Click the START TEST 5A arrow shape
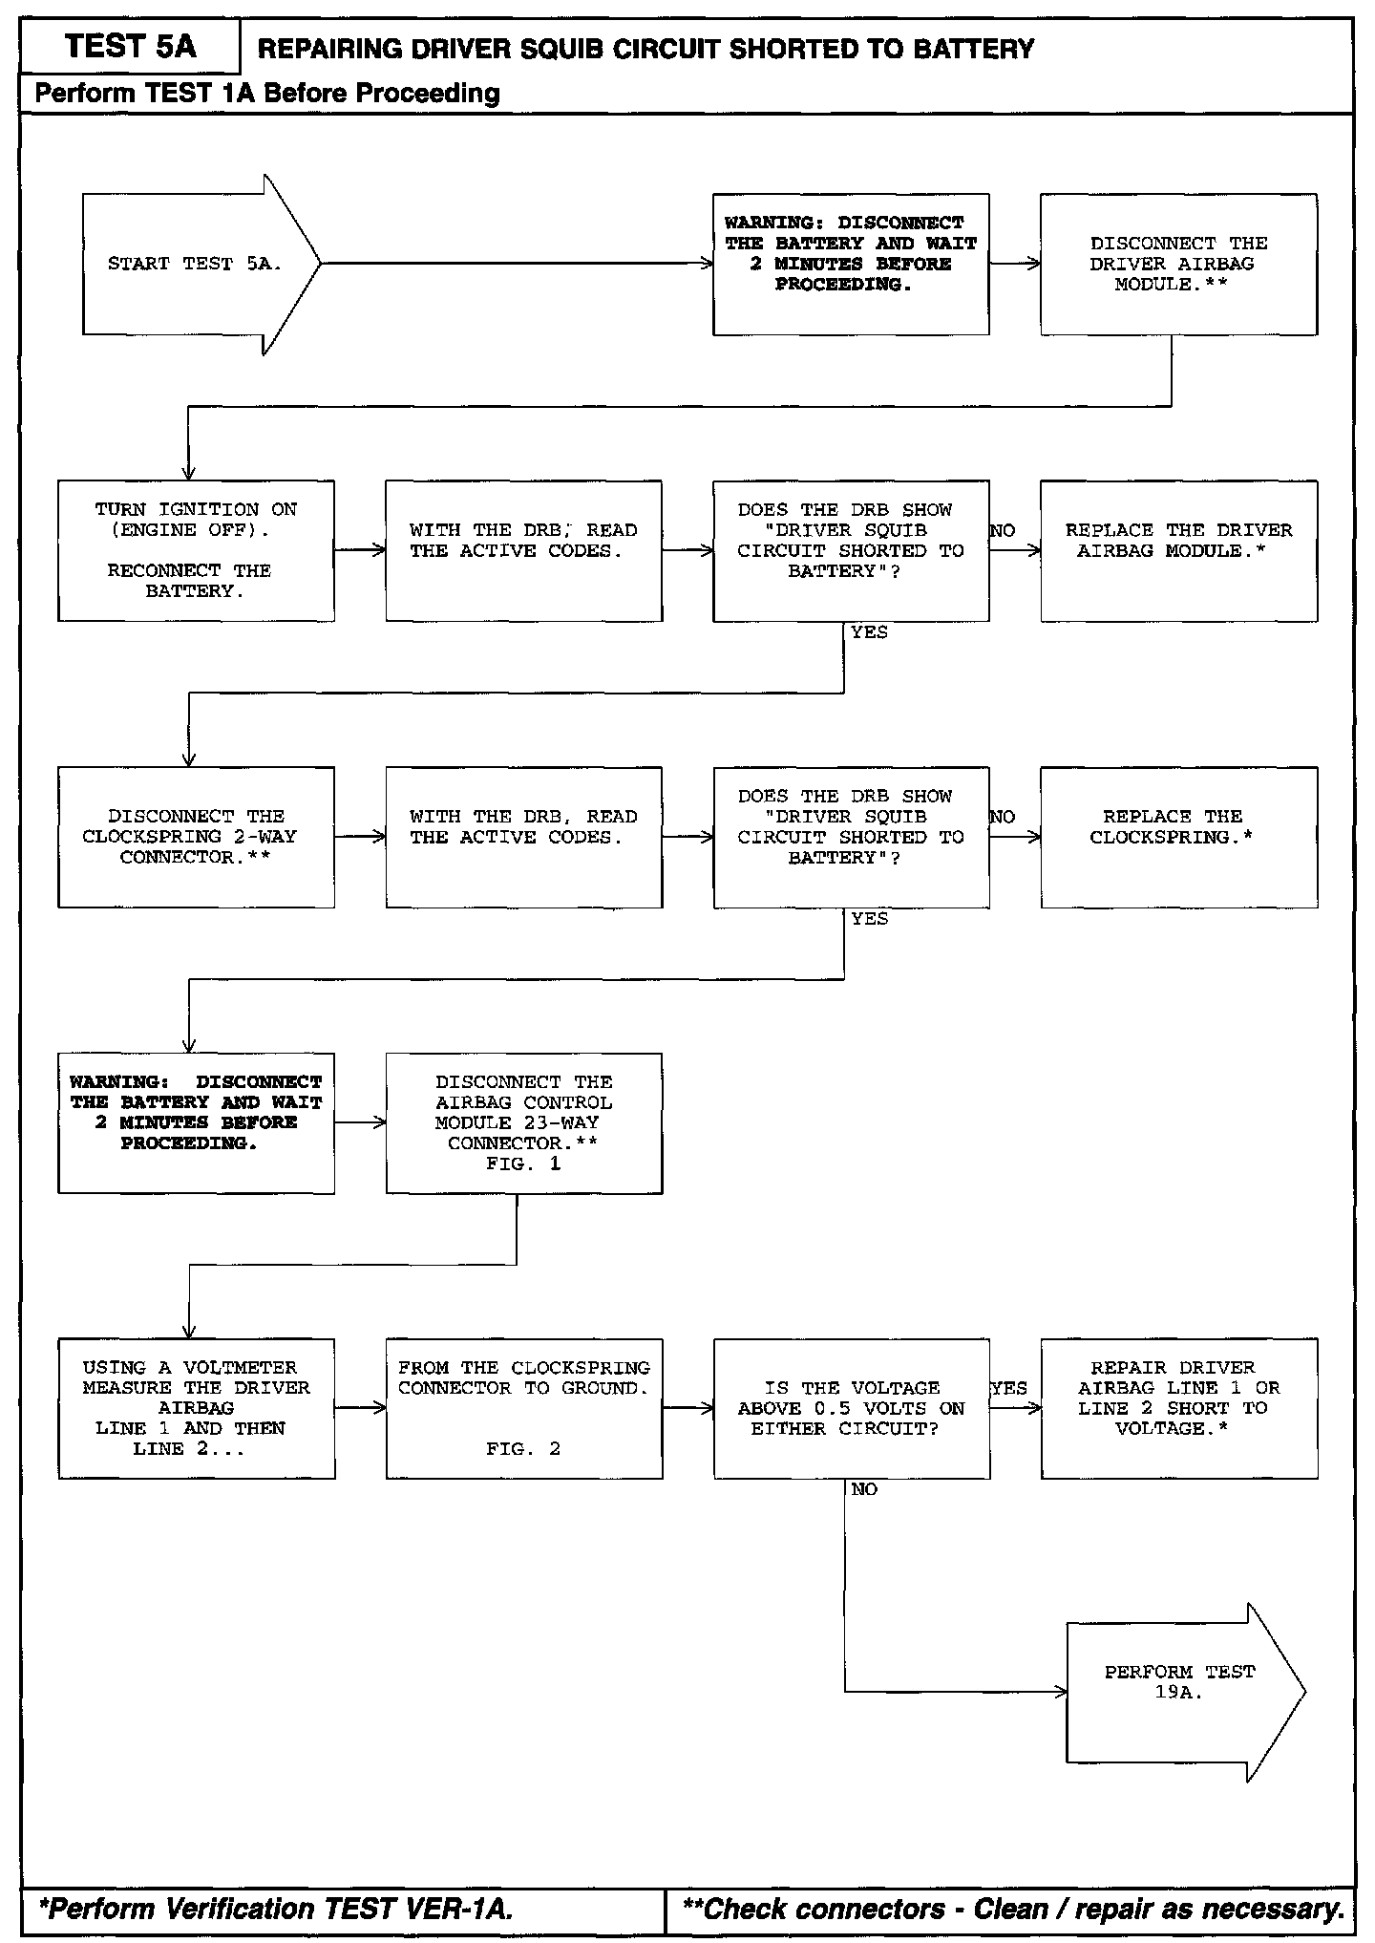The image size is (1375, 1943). [196, 265]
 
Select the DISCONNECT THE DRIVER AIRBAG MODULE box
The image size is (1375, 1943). [1178, 265]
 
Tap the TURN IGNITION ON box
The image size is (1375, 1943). [196, 551]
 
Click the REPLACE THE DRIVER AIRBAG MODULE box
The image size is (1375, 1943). [1178, 551]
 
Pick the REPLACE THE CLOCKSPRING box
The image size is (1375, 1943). [1178, 837]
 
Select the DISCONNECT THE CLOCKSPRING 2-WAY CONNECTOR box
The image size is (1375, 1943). [196, 837]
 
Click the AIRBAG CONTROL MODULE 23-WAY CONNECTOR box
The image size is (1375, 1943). [523, 1123]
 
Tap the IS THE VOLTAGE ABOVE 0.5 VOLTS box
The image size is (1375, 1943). [851, 1408]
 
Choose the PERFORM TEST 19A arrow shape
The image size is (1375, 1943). [1180, 1692]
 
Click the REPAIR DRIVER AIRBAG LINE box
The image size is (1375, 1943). [1178, 1408]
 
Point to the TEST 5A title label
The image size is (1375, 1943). [130, 47]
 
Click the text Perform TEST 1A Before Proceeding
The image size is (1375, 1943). [267, 94]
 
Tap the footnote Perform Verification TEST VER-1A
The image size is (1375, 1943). [276, 1909]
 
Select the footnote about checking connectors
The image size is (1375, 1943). [1013, 1909]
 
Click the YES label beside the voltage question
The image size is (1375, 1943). [1008, 1388]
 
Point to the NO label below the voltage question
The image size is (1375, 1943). [863, 1489]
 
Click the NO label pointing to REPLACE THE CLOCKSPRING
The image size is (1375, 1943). [1002, 817]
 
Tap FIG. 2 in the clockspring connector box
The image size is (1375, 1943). [523, 1449]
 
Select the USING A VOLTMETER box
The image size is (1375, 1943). [196, 1408]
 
